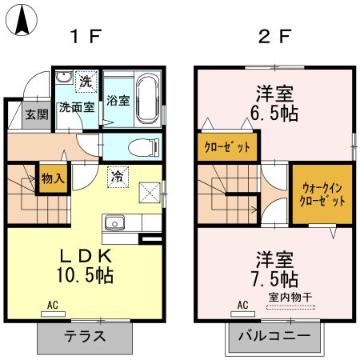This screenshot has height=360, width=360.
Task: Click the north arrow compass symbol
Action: pos(22,20)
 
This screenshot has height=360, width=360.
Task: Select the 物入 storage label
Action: pos(53,179)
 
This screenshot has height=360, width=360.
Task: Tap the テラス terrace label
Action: pos(85,336)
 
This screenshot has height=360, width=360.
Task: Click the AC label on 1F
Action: pos(53,305)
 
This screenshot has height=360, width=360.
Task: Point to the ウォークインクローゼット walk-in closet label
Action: pos(321,195)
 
